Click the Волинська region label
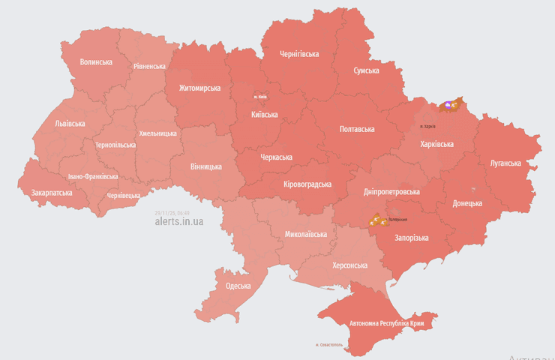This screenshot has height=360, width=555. pos(96,61)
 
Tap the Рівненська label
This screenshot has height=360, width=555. pos(149,66)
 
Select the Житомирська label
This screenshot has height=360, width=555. pos(199,88)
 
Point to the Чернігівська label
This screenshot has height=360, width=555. pos(299,54)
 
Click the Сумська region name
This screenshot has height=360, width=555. pos(366,70)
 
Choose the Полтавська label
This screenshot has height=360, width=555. pos(357,129)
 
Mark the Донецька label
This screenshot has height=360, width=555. pos(467,203)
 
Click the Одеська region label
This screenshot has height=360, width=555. pos(238,286)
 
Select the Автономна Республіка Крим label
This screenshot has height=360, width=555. pos(386,323)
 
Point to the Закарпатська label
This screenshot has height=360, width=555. pos(52,193)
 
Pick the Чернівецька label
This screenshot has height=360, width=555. pos(124,195)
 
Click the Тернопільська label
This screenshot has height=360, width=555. pos(115,145)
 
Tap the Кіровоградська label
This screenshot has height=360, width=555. pos(308,184)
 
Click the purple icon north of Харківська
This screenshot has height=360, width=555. pos(448,106)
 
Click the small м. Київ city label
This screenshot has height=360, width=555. pos(260,97)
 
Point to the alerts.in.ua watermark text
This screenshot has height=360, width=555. pos(178,221)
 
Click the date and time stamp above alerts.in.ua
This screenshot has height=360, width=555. pos(172,213)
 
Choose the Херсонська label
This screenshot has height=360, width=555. pos(349,265)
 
